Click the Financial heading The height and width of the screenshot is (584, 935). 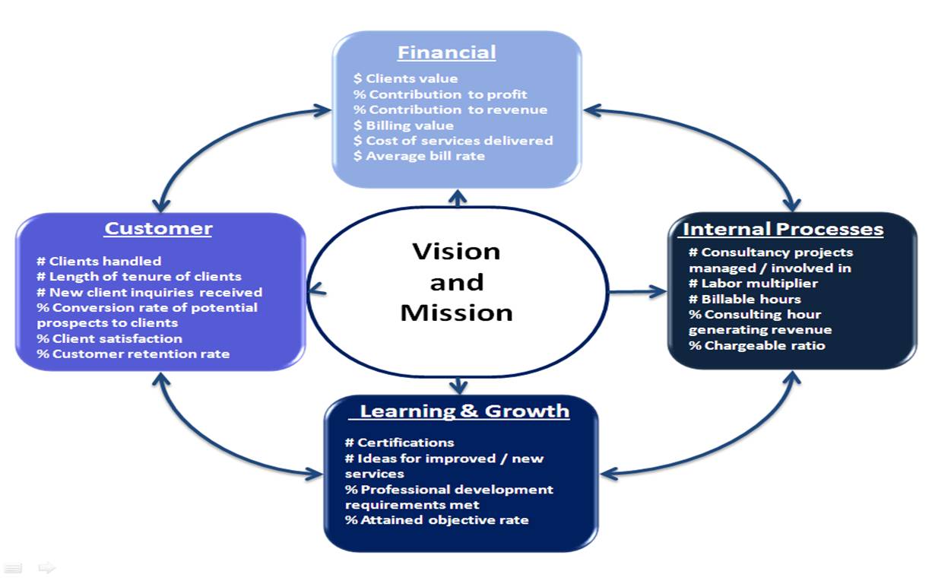point(446,52)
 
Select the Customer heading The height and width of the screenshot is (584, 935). point(158,228)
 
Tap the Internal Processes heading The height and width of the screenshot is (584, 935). point(783,229)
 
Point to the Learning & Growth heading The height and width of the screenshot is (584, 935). point(464,411)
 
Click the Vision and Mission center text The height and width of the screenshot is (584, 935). point(456,282)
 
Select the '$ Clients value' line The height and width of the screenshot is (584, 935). point(405,78)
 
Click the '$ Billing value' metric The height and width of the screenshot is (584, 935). point(403,125)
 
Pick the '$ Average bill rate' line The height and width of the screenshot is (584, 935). point(419,156)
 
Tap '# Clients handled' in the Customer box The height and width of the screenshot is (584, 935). point(99,262)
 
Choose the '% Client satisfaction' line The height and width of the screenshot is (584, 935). point(109,338)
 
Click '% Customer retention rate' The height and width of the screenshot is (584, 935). point(133,354)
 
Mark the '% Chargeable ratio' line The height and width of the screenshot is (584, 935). point(756,345)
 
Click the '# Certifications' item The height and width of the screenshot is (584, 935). point(399,443)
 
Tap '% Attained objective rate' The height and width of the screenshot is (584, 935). point(436,520)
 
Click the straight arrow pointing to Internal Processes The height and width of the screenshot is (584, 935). point(637,290)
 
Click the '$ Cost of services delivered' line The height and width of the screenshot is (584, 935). point(453,141)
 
